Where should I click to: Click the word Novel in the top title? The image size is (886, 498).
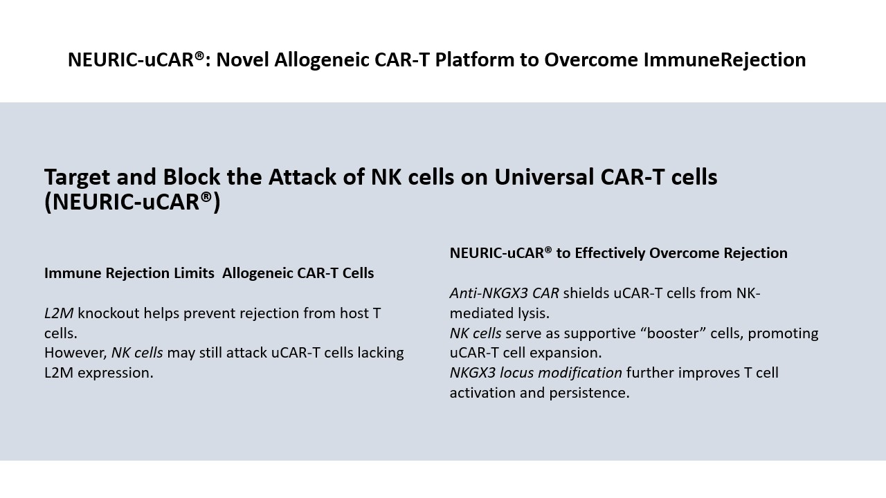point(242,59)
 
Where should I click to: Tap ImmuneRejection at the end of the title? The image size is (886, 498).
point(725,60)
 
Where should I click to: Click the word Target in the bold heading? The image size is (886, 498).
point(78,178)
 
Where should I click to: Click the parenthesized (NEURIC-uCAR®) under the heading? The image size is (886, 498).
point(132,201)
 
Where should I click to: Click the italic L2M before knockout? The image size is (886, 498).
point(59,313)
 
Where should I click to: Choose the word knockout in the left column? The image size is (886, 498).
point(109,313)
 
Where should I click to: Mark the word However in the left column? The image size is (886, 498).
point(75,353)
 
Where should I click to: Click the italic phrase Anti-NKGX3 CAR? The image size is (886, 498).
point(505,293)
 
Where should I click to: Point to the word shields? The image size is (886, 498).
point(586,293)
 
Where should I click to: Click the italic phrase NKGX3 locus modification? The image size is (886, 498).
point(536,373)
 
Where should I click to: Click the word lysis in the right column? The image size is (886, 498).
point(534,313)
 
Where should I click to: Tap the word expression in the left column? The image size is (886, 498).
point(116,373)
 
